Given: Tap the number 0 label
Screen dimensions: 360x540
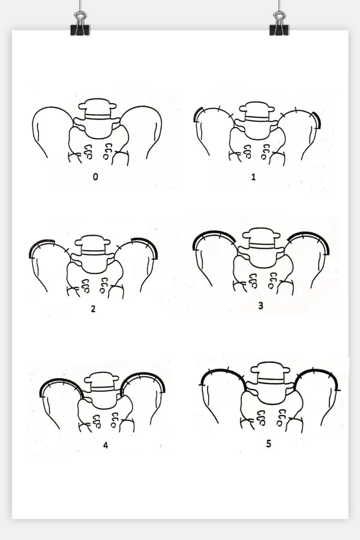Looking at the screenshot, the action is (x=95, y=176).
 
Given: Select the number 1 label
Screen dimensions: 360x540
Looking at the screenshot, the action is (x=254, y=177).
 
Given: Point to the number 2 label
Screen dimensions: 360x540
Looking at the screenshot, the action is (x=93, y=309).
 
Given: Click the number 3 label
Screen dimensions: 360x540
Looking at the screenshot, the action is (x=261, y=305).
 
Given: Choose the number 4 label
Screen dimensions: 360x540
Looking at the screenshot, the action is (x=106, y=445).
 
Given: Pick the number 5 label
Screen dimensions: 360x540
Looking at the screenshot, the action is (x=269, y=443).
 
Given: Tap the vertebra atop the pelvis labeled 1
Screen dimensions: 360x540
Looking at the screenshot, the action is (x=256, y=112).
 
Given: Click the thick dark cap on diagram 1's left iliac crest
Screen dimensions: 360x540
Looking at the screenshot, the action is (x=197, y=114).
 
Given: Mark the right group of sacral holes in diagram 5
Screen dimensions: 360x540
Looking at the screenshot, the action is (x=281, y=416).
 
